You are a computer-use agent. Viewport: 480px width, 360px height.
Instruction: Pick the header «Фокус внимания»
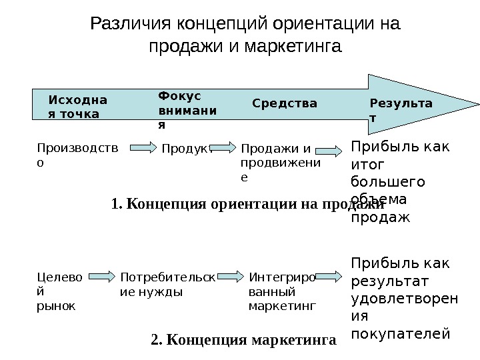(x=187, y=109)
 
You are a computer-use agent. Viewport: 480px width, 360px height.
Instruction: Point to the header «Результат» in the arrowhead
(x=401, y=110)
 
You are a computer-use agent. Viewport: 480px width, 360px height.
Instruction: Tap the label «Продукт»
(x=186, y=149)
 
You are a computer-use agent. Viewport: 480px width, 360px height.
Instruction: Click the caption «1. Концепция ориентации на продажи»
(x=248, y=203)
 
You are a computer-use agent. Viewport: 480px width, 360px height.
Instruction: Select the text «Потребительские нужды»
(x=167, y=283)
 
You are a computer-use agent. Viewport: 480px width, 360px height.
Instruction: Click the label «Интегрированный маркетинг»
(x=281, y=291)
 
